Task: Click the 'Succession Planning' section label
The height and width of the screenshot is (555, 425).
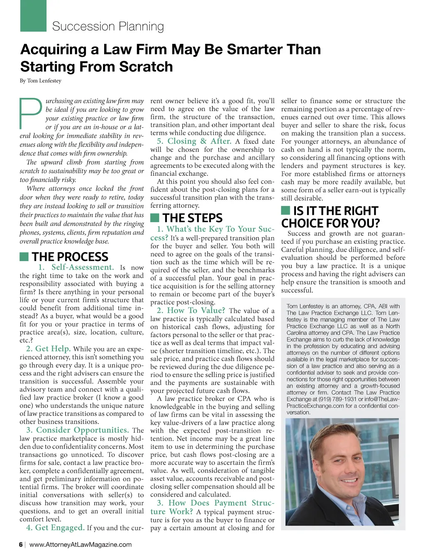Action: [108, 27]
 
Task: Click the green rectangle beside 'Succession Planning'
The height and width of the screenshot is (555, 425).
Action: [33, 16]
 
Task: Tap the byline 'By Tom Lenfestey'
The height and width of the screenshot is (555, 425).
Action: [40, 80]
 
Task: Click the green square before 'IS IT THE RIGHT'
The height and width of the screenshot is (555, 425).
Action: [286, 210]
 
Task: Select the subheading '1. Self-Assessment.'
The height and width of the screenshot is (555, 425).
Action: [76, 268]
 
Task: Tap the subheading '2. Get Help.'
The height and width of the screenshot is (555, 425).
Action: [48, 349]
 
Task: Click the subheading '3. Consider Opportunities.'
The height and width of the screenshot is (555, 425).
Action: [78, 430]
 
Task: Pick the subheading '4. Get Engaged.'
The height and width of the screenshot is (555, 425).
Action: [55, 528]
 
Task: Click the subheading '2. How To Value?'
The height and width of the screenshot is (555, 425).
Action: [191, 311]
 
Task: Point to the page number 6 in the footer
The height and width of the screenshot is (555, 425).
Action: [21, 545]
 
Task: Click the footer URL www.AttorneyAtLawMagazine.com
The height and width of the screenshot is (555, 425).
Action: [81, 545]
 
